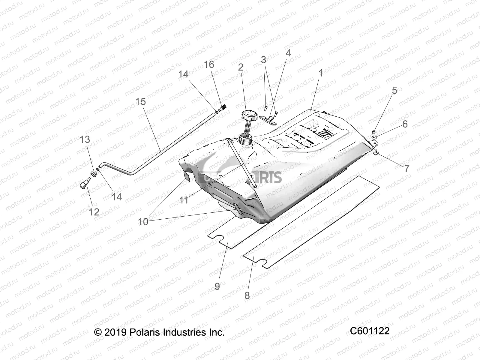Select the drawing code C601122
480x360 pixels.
[370, 331]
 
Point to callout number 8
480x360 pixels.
[247, 295]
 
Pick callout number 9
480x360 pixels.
[217, 286]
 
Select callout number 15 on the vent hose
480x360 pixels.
[140, 102]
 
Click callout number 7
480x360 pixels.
[406, 168]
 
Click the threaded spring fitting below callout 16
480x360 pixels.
[223, 108]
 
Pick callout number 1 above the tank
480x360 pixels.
[320, 73]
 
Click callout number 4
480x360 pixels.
[288, 53]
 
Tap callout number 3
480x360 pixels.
[263, 60]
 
